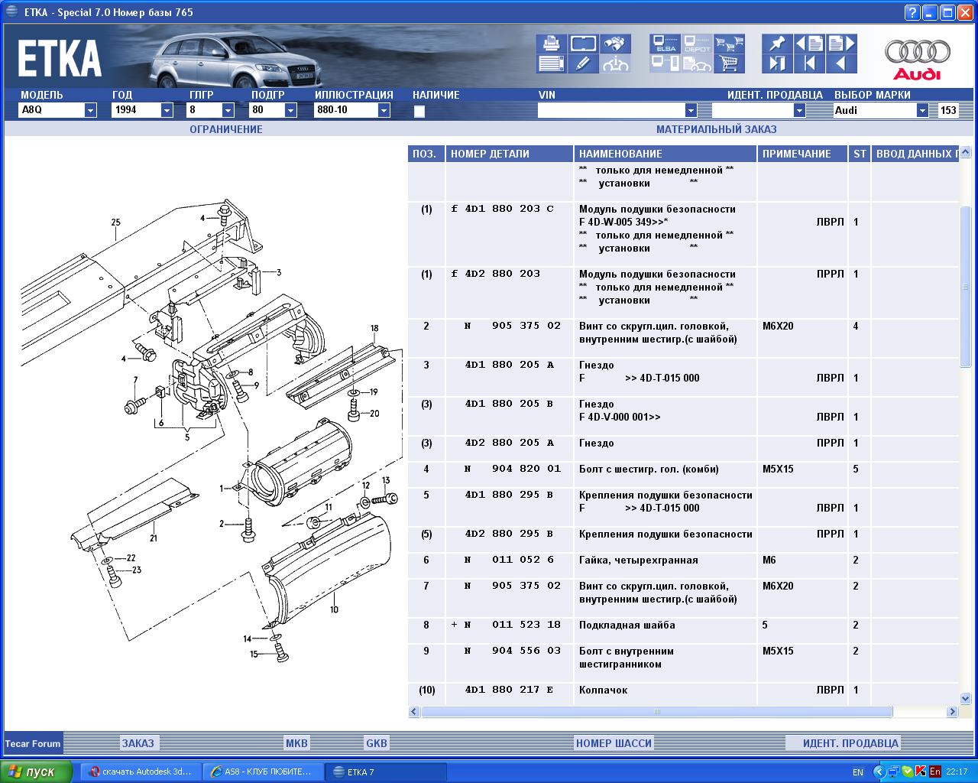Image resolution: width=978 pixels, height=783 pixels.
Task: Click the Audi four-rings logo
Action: click(917, 51)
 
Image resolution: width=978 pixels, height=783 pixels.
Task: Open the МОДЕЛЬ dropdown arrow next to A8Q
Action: click(90, 110)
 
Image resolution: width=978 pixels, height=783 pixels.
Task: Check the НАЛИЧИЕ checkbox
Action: click(419, 111)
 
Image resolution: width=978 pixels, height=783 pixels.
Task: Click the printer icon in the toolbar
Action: click(551, 44)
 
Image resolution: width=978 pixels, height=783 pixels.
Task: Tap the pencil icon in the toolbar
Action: click(583, 63)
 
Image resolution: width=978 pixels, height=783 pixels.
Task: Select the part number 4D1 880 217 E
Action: click(509, 690)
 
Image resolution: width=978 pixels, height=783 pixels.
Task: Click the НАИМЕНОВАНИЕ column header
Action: click(620, 154)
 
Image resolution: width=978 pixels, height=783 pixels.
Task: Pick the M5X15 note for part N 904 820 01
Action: click(778, 469)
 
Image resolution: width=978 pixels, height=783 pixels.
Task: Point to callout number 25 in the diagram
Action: click(116, 222)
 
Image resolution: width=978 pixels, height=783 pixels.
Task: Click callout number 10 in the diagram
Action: click(334, 609)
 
